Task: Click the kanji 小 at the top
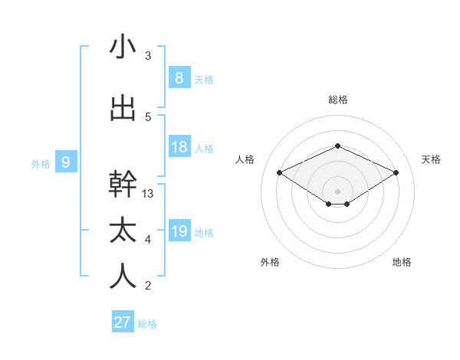123,47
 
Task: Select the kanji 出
123,109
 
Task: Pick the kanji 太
123,231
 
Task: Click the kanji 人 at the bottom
123,277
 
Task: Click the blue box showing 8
179,77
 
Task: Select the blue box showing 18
179,147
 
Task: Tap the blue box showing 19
179,231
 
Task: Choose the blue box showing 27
123,322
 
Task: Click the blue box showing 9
66,162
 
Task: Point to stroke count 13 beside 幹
149,194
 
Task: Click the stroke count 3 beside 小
148,56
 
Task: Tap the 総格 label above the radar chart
337,100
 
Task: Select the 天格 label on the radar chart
431,159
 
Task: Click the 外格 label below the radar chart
270,262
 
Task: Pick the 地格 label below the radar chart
402,262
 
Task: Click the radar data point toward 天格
396,173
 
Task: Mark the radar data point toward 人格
280,173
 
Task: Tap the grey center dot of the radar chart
337,191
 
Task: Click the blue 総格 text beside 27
147,324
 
